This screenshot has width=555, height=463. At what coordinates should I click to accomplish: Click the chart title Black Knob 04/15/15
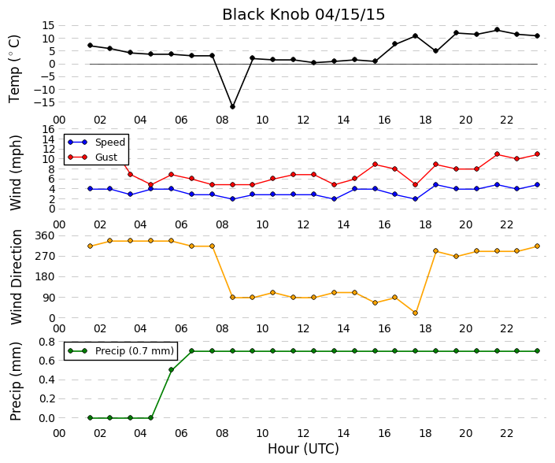point(303,15)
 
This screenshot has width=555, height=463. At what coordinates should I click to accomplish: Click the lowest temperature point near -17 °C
point(232,106)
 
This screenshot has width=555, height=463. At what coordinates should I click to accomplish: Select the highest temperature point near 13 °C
point(497,30)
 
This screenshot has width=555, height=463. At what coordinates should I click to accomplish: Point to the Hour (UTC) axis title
point(303,449)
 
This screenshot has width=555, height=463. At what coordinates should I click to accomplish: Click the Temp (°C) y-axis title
point(14,69)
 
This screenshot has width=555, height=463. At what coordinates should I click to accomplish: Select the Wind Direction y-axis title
point(16,277)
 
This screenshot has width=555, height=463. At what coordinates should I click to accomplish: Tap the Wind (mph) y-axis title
point(16,172)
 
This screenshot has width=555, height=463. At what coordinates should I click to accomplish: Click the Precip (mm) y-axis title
point(15,381)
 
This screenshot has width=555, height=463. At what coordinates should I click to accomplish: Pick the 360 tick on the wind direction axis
point(46,235)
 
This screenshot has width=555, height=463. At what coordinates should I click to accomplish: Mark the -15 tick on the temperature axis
point(44,102)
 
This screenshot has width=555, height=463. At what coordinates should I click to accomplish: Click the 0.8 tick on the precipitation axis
point(46,342)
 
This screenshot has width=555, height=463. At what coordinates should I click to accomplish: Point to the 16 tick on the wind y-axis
point(49,129)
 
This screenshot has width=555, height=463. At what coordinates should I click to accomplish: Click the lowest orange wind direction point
point(415,313)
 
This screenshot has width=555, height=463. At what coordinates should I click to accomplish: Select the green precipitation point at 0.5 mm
point(172,369)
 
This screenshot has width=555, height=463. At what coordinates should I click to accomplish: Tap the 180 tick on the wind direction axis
point(46,277)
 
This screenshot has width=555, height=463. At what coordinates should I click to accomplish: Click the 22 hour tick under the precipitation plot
point(506,433)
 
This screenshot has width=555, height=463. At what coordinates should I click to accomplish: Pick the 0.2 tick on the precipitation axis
point(46,399)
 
